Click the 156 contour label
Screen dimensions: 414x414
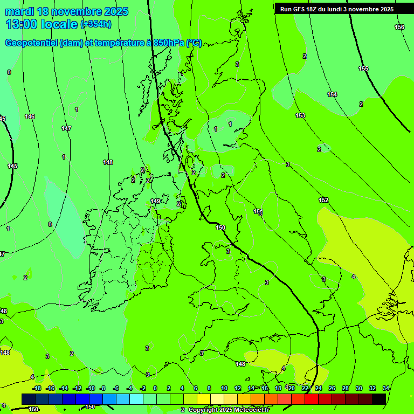pyautogui.click(x=399, y=27)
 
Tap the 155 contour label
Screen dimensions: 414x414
pyautogui.click(x=363, y=68)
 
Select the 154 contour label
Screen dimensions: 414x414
pyautogui.click(x=332, y=95)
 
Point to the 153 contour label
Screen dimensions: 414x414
pyautogui.click(x=300, y=116)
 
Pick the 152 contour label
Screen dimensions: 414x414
pyautogui.click(x=323, y=200)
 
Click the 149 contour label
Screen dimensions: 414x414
pyautogui.click(x=155, y=201)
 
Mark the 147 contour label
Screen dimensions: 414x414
pyautogui.click(x=66, y=128)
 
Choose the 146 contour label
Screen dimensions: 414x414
pyautogui.click(x=30, y=116)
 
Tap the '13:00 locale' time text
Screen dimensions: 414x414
pyautogui.click(x=42, y=24)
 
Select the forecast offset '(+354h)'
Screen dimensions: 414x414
pyautogui.click(x=96, y=24)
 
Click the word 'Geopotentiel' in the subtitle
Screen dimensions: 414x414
pyautogui.click(x=32, y=43)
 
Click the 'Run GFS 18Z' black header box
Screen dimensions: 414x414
pyautogui.click(x=337, y=9)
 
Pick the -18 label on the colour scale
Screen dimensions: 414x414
pyautogui.click(x=37, y=388)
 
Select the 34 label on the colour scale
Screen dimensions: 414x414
pyautogui.click(x=385, y=388)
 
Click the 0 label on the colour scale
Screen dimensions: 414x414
pyautogui.click(x=155, y=388)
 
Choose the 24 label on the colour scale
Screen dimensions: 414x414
pyautogui.click(x=318, y=388)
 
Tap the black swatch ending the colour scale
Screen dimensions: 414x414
pyautogui.click(x=379, y=399)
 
